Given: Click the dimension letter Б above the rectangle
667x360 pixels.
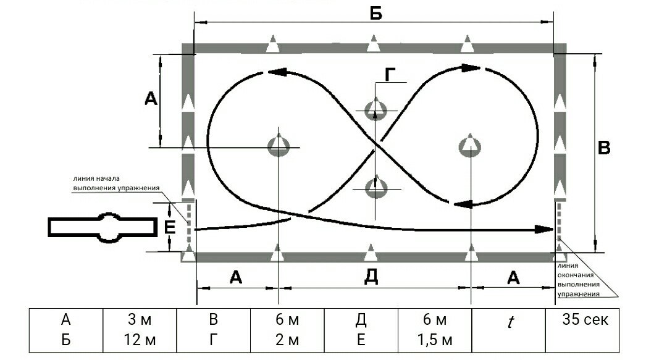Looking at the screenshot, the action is pyautogui.click(x=376, y=14).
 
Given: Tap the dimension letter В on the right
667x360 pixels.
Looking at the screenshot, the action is pyautogui.click(x=604, y=148).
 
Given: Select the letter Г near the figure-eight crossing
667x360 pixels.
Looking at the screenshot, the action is pyautogui.click(x=390, y=75).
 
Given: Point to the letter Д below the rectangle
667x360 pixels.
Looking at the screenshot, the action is pyautogui.click(x=371, y=277).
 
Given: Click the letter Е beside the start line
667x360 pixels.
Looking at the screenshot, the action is pyautogui.click(x=170, y=228).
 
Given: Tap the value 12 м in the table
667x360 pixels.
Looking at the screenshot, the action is pyautogui.click(x=140, y=340).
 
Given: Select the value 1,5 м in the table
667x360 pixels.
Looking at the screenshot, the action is pyautogui.click(x=434, y=340).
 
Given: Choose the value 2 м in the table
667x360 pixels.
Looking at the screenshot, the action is pyautogui.click(x=287, y=340).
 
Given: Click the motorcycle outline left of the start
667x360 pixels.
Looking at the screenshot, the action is pyautogui.click(x=103, y=227).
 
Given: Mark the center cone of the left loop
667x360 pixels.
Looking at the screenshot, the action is pyautogui.click(x=279, y=145).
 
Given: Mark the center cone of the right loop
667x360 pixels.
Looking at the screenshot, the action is pyautogui.click(x=470, y=145).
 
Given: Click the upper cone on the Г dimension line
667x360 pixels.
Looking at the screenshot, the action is pyautogui.click(x=375, y=109).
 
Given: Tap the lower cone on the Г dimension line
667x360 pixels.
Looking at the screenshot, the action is pyautogui.click(x=376, y=186).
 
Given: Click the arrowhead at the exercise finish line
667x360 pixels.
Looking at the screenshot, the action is pyautogui.click(x=544, y=229).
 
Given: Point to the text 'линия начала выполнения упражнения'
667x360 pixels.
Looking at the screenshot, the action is pyautogui.click(x=116, y=183).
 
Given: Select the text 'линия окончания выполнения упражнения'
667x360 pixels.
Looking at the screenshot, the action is pyautogui.click(x=579, y=280).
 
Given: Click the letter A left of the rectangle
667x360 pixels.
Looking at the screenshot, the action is pyautogui.click(x=151, y=99).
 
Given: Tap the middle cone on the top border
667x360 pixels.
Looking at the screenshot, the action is pyautogui.click(x=374, y=43).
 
